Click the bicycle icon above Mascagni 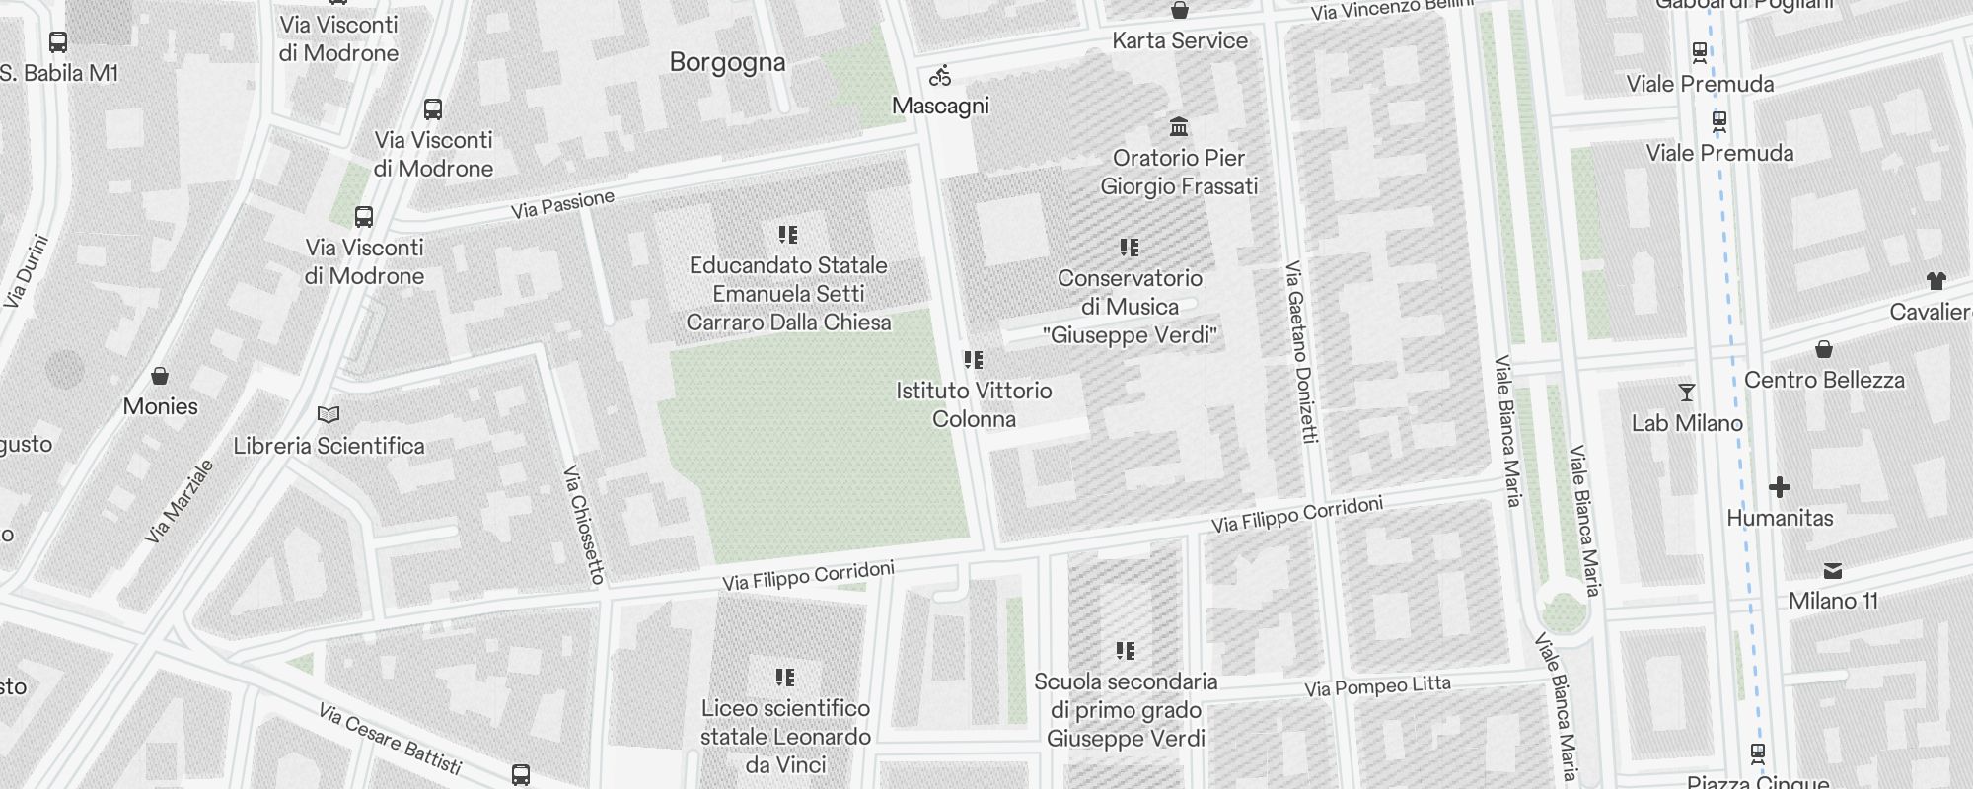[940, 76]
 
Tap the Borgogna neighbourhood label [727, 62]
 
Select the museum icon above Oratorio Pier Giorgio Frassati [1178, 127]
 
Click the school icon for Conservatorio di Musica [1130, 248]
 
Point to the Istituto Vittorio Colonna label [974, 404]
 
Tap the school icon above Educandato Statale [787, 235]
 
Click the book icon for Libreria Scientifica [329, 415]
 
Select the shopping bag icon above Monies [160, 376]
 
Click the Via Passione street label [562, 204]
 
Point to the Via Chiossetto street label [583, 524]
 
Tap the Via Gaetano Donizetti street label [1302, 352]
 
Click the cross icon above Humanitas [1780, 487]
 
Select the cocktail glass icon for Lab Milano [1687, 393]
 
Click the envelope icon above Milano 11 [1833, 571]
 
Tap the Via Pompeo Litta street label [1377, 686]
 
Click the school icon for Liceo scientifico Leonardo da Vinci [785, 678]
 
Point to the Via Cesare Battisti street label [391, 739]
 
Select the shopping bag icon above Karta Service [1179, 11]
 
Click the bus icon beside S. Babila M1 [58, 42]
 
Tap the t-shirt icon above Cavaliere [1936, 281]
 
